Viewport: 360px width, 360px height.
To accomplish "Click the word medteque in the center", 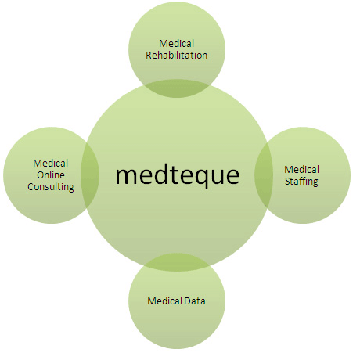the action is coord(177,175).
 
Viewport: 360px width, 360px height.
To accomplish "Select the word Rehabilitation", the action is coord(176,55).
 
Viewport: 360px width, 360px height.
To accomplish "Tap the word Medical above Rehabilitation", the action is coord(177,43).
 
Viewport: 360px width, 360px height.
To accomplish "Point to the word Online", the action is coord(51,175).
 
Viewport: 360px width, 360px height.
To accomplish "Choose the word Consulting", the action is coord(51,187).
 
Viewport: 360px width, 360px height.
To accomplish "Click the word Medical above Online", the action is coord(51,163).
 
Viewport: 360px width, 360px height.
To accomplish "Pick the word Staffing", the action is coord(301,182).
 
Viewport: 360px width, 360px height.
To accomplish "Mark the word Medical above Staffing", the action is coord(302,169).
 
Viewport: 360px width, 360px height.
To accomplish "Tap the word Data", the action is coord(195,301).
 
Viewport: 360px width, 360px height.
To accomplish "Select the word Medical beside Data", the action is coord(165,301).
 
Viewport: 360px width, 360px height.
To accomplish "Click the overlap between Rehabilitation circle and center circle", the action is coord(177,88).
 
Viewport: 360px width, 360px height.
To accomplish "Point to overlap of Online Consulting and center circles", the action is coord(90,175).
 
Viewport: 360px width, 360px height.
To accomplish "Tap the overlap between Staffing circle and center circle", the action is coord(264,175).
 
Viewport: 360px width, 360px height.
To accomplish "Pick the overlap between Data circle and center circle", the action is coord(177,262).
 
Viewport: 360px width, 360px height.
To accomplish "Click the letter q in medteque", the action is coord(200,178).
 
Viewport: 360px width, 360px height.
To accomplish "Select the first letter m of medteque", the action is coord(124,175).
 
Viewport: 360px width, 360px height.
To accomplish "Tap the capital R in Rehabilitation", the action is coord(149,56).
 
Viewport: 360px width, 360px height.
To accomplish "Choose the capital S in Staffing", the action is coord(288,181).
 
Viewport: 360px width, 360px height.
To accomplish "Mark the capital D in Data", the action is coord(188,301).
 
